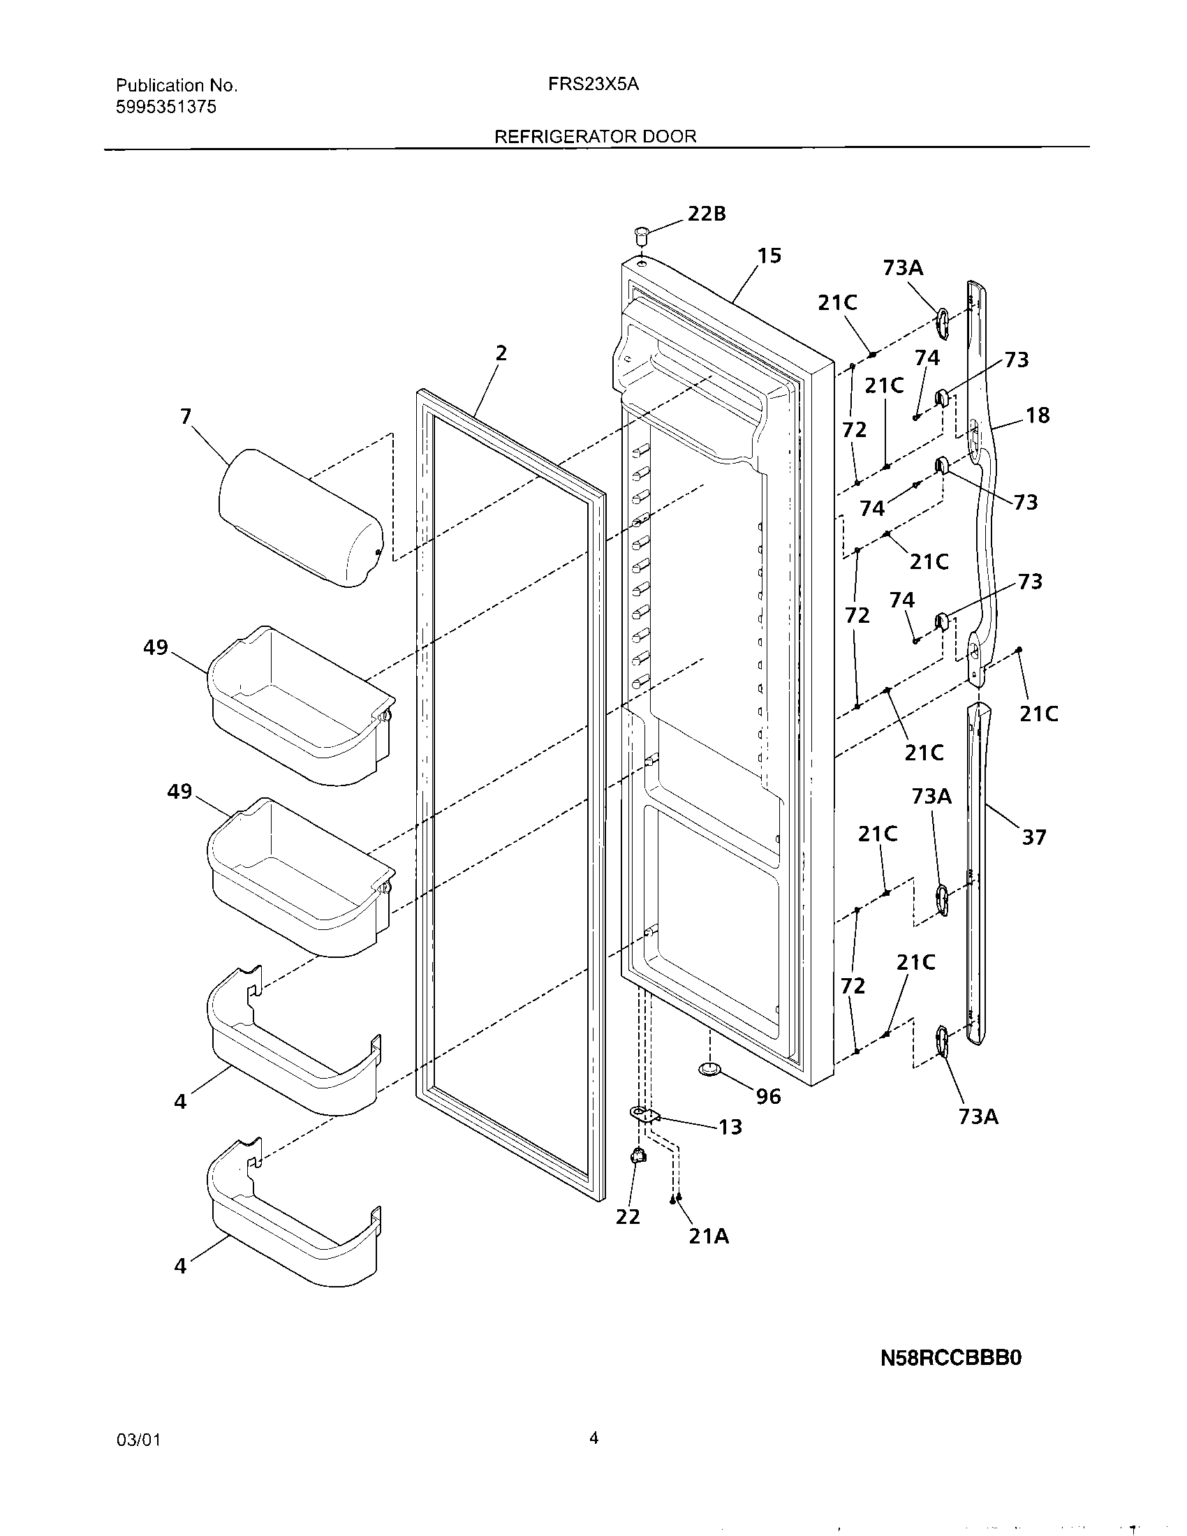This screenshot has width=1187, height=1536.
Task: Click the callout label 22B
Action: point(706,214)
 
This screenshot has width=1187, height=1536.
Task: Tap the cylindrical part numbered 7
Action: point(301,516)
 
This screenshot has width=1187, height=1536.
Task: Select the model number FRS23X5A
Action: point(593,84)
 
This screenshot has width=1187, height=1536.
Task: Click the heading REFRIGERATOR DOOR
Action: point(595,136)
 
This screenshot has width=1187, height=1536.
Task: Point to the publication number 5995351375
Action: point(166,107)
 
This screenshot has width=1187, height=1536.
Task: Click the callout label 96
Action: point(768,1096)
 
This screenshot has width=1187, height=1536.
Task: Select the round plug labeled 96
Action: point(710,1070)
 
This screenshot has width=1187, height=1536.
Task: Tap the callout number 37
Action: point(1033,837)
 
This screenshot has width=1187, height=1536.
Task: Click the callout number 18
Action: point(1037,415)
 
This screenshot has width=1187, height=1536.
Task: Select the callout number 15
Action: point(769,256)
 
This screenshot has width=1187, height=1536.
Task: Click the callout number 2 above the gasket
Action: point(501,353)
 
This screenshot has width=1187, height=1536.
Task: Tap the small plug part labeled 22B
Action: point(640,232)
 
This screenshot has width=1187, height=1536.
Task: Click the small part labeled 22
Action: point(638,1155)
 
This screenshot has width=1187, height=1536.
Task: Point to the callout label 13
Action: point(730,1128)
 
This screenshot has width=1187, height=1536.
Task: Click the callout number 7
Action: point(185,417)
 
